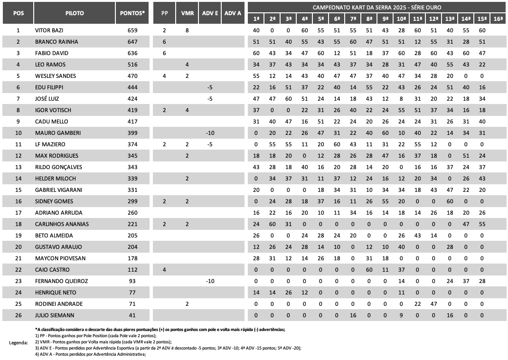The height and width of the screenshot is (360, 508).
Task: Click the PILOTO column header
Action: pos(75,13)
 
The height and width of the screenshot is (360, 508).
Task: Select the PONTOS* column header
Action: pos(132,13)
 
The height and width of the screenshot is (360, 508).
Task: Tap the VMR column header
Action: pos(187,13)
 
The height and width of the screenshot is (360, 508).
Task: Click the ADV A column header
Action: pos(233,13)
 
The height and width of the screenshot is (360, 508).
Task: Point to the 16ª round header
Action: pos(498,19)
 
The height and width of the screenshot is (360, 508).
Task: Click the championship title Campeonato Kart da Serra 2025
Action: pos(376,7)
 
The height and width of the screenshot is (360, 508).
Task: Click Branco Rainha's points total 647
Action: pos(132,42)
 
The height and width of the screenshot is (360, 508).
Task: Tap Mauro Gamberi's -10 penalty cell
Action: pos(210,133)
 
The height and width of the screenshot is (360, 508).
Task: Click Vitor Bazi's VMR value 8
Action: pos(187,30)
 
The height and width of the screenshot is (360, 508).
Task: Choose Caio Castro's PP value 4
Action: pos(164,270)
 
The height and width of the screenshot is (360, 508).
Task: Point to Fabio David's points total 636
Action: pos(132,53)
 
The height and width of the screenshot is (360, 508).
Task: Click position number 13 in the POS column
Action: pos(18,167)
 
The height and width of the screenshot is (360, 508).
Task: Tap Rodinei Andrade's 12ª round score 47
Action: pos(433,304)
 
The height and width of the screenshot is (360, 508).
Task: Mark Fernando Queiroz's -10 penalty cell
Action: pos(210,281)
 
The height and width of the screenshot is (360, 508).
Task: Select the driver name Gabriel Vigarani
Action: pos(58,190)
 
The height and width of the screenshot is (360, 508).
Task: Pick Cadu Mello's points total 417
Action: pos(132,122)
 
